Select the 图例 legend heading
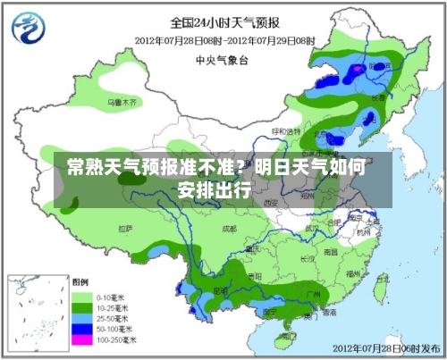(80, 280)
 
